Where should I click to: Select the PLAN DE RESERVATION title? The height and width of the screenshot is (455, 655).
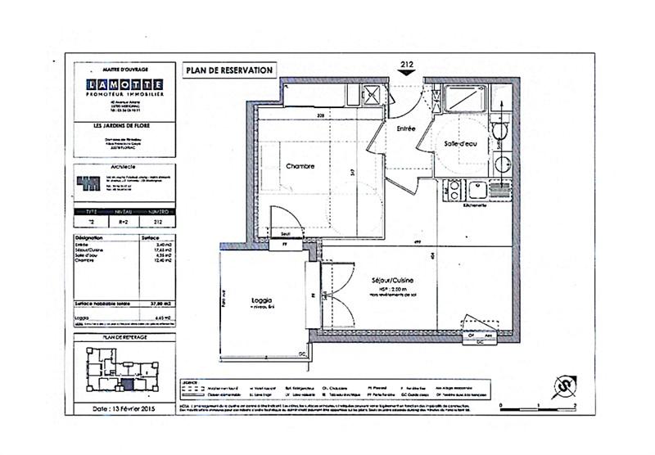pyautogui.click(x=229, y=70)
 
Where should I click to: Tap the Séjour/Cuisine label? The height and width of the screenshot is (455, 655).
pyautogui.click(x=386, y=279)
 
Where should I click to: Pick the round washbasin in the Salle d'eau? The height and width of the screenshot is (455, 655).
pyautogui.click(x=501, y=163)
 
